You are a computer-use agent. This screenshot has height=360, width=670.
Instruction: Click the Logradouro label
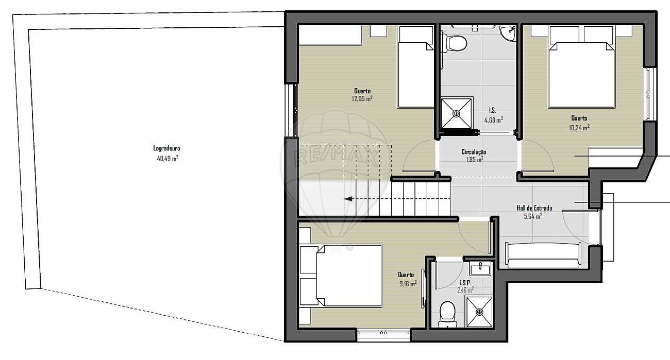(166, 148)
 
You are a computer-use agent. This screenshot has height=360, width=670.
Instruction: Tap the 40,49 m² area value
(167, 159)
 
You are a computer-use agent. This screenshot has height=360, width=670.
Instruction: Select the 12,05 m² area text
(362, 99)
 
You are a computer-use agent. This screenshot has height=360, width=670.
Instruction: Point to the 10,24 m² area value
(579, 128)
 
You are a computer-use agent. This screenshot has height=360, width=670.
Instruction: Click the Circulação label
(474, 152)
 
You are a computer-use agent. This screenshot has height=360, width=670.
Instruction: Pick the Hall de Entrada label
(534, 208)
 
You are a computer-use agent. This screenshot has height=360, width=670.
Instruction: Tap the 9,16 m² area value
(408, 284)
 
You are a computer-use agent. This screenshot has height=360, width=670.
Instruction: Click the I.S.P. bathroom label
(465, 283)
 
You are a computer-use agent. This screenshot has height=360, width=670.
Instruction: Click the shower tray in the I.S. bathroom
(457, 113)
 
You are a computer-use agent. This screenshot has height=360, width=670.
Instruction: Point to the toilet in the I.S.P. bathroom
(447, 314)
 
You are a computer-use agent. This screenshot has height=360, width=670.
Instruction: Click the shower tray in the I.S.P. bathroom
(479, 312)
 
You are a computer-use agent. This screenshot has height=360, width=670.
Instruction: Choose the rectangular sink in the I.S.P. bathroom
(480, 268)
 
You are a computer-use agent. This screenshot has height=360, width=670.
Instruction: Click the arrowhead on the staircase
(348, 199)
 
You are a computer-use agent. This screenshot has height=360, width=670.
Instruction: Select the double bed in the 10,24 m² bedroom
(581, 66)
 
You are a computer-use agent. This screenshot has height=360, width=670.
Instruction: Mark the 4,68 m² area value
(494, 120)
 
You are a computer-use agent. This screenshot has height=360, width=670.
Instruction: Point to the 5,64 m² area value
(533, 216)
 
